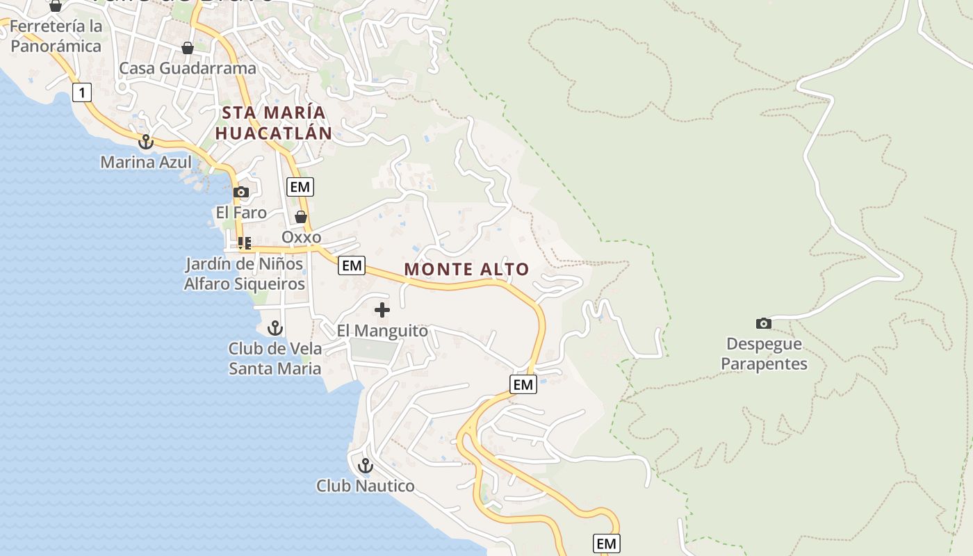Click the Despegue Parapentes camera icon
coord(763,323)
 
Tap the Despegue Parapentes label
coord(764,354)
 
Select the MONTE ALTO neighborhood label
coord(466,269)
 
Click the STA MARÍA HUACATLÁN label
coord(272,122)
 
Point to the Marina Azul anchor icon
coord(145,142)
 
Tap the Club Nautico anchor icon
coord(366,466)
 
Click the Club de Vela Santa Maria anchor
coord(275,328)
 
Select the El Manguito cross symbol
coord(382,310)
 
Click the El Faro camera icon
coord(241,193)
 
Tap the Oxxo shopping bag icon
coord(301,217)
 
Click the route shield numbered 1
coord(82,92)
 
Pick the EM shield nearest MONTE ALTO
coord(352,265)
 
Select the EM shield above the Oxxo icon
coord(300,186)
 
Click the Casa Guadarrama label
coord(188,68)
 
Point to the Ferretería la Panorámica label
coord(56,36)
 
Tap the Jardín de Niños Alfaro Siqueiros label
coord(244,274)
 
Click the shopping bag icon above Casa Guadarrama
coord(187,48)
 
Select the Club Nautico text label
coord(366,485)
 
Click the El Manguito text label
coord(382,331)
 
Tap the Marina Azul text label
coord(146,162)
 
